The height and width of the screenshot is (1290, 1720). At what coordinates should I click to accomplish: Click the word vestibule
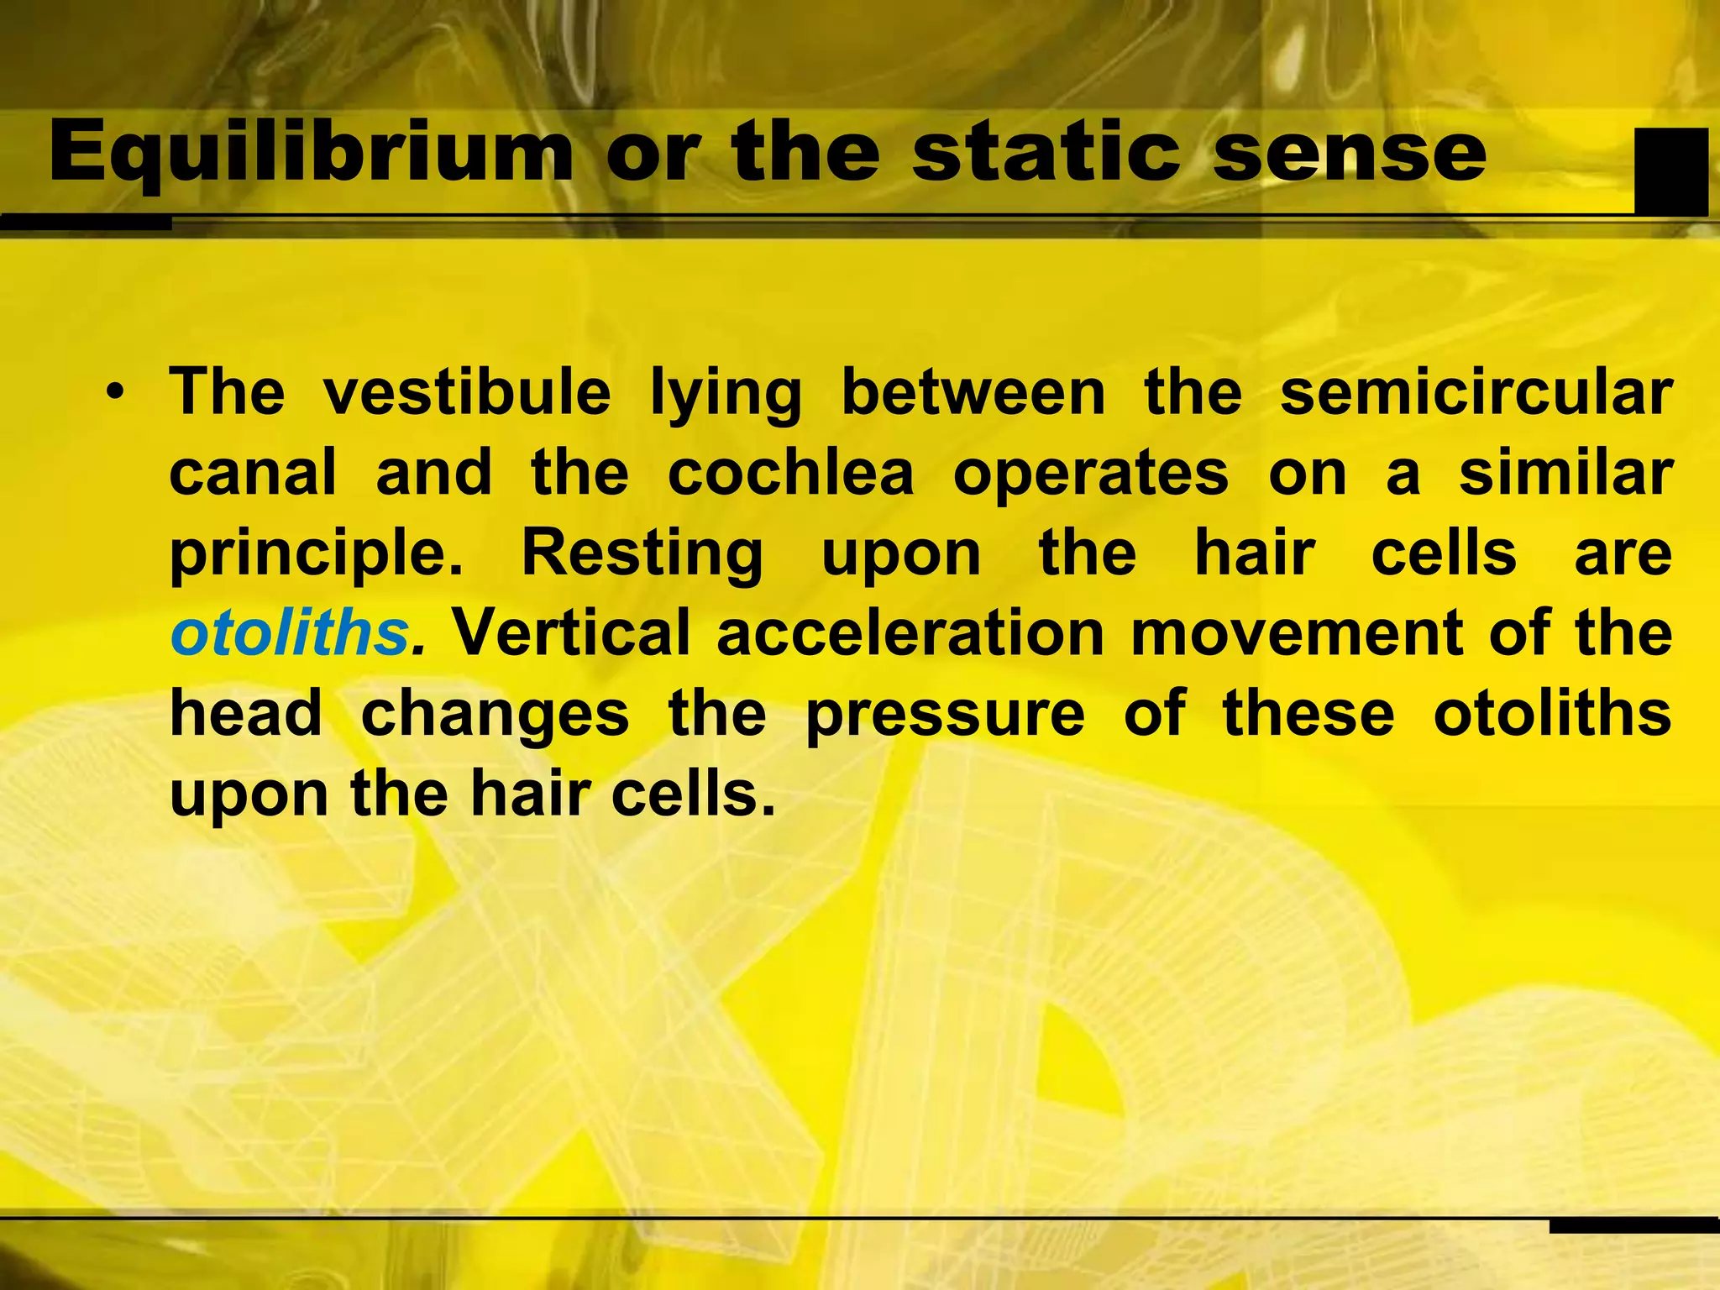pyautogui.click(x=467, y=393)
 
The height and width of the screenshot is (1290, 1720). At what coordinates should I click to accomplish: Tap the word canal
pyautogui.click(x=253, y=473)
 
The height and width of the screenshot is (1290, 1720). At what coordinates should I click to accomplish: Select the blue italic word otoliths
pyautogui.click(x=289, y=633)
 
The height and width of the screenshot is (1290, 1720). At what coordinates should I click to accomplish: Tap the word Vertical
pyautogui.click(x=572, y=633)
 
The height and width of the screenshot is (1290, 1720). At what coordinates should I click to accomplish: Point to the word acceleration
pyautogui.click(x=910, y=633)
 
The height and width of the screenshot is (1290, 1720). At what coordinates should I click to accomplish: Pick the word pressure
pyautogui.click(x=945, y=716)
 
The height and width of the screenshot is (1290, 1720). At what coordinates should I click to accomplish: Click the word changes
pyautogui.click(x=495, y=716)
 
